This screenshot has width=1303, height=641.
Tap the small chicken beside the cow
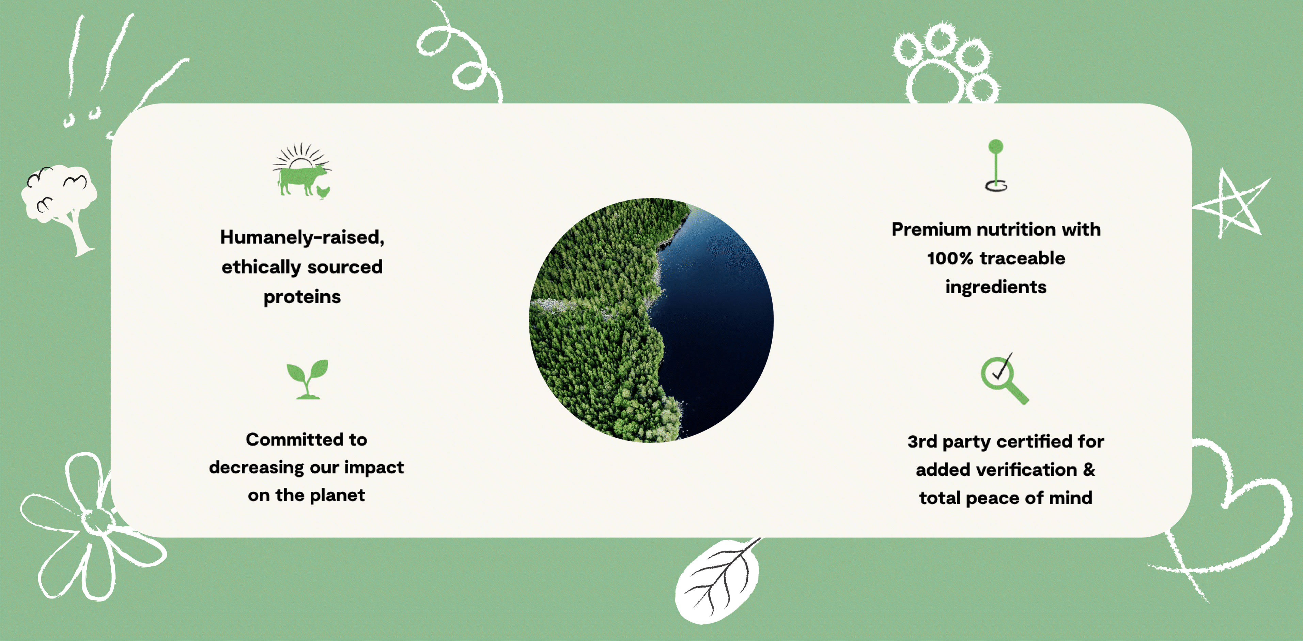[323, 192]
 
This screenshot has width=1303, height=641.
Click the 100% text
[949, 259]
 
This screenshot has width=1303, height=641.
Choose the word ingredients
[995, 287]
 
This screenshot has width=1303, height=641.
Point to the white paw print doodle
[944, 63]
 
